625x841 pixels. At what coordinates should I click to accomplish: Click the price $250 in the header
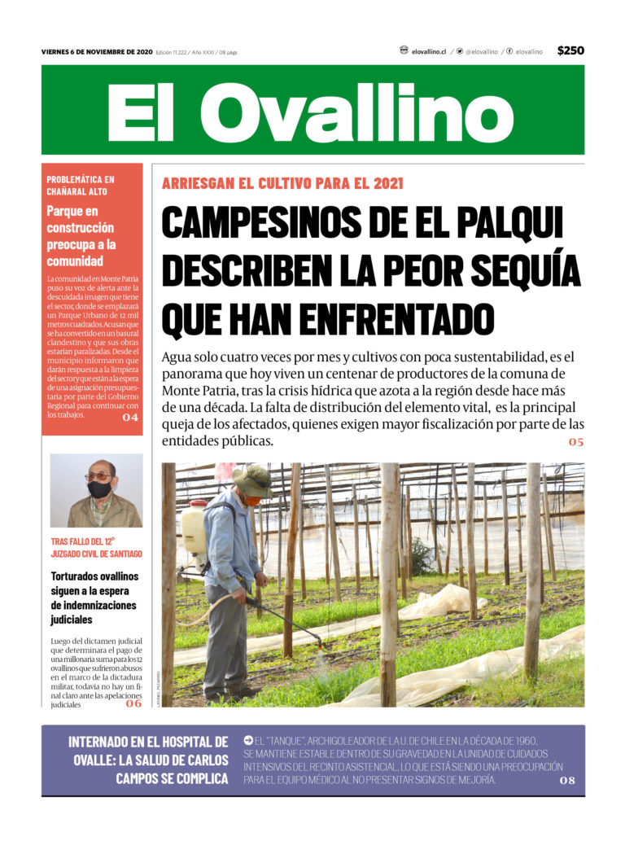570,50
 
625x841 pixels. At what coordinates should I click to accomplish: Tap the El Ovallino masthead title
312,112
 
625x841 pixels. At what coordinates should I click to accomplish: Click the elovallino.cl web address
428,51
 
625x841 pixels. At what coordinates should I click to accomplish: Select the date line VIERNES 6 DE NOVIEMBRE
97,52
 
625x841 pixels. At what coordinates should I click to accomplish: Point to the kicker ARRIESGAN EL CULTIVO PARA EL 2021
282,183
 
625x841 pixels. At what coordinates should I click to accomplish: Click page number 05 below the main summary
576,442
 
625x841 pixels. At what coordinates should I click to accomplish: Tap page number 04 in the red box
130,418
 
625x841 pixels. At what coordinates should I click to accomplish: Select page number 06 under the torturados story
133,703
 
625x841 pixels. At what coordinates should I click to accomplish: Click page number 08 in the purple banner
567,780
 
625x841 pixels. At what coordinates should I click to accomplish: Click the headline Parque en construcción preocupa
81,236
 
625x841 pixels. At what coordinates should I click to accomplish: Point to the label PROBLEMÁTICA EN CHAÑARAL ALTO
81,185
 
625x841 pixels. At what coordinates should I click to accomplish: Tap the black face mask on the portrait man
99,489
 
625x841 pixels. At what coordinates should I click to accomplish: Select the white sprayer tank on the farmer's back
194,528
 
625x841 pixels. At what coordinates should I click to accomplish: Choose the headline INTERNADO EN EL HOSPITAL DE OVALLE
148,760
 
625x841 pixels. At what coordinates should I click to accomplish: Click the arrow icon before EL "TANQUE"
248,740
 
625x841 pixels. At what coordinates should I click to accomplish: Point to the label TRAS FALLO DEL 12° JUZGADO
96,547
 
